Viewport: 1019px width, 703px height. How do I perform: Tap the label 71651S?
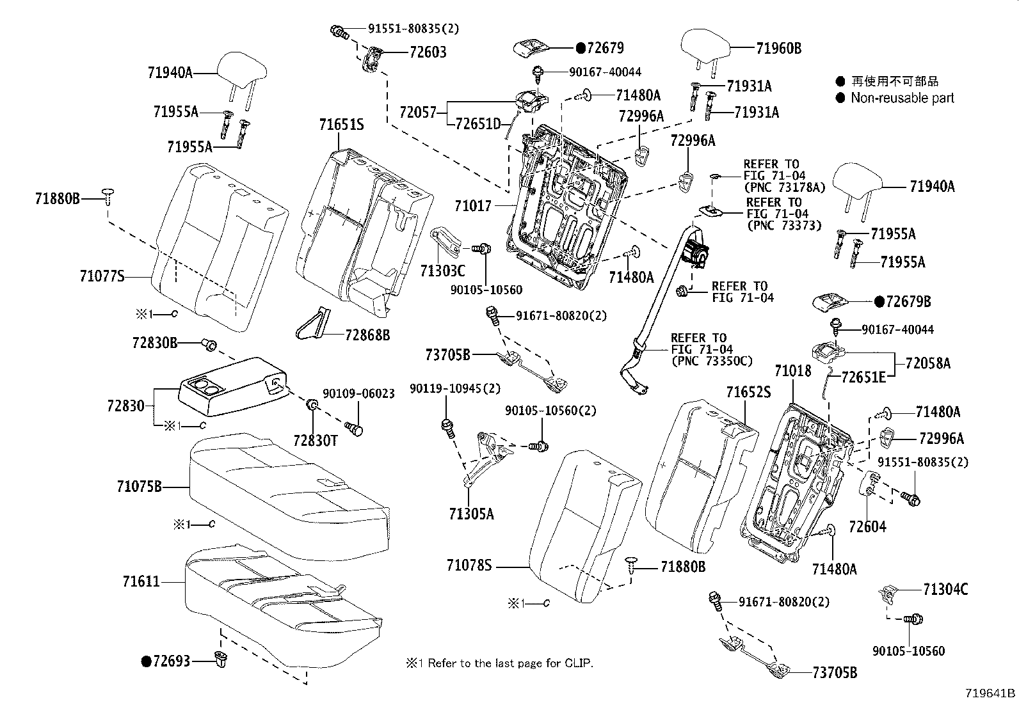click(342, 125)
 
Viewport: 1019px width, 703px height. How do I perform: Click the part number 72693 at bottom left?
click(171, 661)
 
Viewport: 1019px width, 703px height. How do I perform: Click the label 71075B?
click(139, 487)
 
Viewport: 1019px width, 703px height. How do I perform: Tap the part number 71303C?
click(442, 271)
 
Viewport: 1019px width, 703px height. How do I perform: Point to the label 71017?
click(473, 206)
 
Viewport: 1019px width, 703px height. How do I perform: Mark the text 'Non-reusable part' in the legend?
click(902, 98)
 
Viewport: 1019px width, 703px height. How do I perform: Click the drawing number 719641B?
click(990, 693)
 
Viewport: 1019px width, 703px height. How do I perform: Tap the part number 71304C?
click(945, 589)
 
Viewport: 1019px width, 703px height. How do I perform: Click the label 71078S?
click(469, 565)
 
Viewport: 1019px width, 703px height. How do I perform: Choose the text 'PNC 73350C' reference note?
click(711, 361)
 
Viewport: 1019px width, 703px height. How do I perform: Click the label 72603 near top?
click(428, 52)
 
